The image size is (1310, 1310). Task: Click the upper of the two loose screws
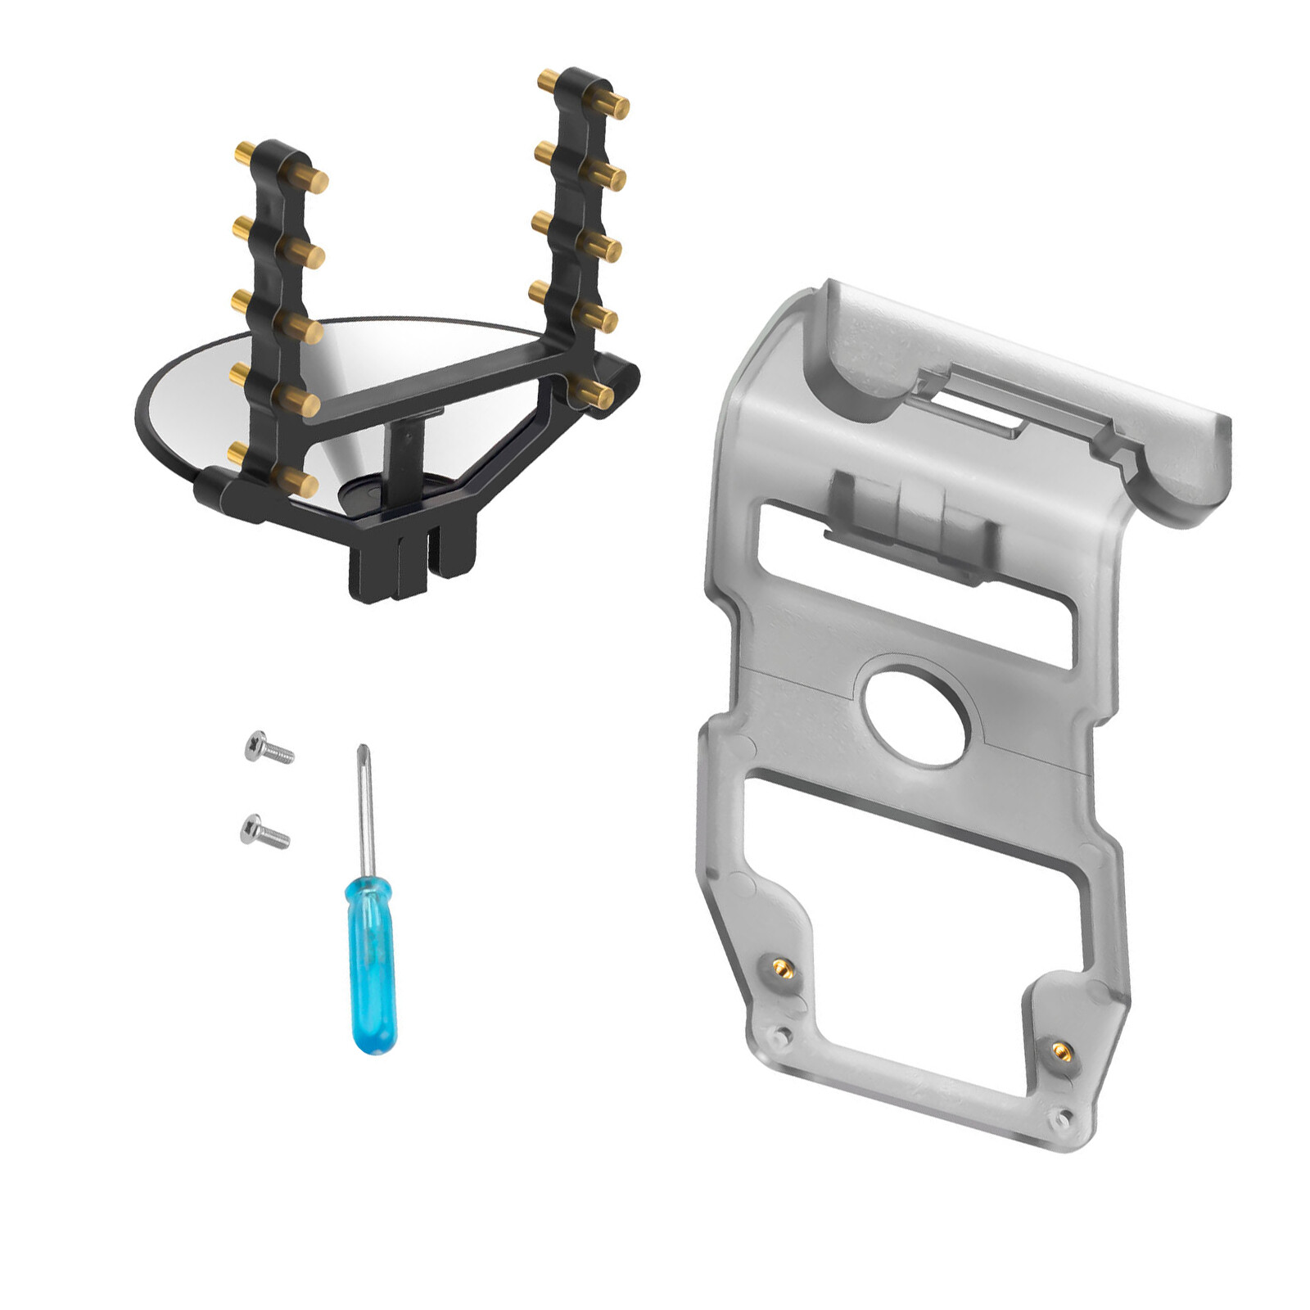(x=269, y=747)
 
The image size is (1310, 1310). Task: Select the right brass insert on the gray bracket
(x=1060, y=1049)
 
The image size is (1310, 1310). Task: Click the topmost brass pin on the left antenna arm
(x=311, y=179)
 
